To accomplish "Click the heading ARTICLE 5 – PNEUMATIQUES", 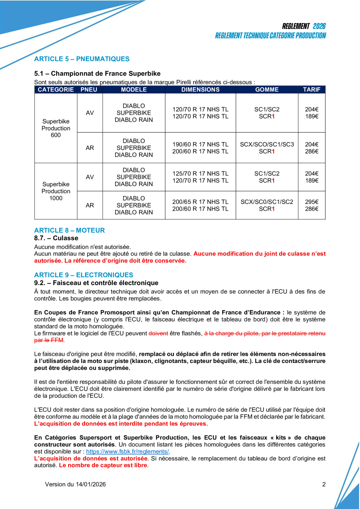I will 81,59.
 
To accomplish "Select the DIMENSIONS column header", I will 200,90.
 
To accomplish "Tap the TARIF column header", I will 311,90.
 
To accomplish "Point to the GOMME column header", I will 267,90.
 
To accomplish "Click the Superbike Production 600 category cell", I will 56,128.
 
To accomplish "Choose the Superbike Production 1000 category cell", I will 56,191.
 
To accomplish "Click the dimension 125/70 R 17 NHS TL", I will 200,173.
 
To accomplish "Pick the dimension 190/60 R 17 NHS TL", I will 200,144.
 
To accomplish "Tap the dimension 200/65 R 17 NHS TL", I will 200,202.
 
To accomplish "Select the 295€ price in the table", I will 311,202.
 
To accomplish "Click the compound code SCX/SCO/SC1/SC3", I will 267,144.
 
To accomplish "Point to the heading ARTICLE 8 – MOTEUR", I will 69,230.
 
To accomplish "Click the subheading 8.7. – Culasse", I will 56,238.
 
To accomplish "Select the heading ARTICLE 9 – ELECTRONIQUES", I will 83,275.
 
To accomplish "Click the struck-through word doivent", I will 158,333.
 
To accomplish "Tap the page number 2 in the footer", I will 324,484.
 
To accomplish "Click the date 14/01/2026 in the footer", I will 90,484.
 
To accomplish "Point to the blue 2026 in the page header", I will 319,26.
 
